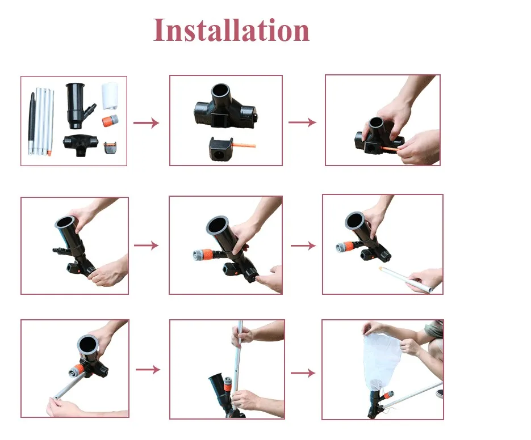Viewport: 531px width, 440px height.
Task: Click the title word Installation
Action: pos(231,30)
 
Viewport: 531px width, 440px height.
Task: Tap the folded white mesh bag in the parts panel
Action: pos(110,96)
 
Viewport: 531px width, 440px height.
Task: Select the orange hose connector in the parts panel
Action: pos(110,120)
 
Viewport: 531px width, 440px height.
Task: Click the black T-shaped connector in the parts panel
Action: pos(81,145)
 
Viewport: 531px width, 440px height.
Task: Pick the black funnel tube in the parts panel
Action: pos(78,105)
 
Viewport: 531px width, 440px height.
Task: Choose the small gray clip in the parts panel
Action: pos(110,147)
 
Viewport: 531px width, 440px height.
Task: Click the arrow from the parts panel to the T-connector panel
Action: pos(146,123)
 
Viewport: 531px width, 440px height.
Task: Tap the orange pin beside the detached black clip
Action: pos(244,145)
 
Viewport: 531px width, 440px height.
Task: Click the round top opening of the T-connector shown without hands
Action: pos(220,91)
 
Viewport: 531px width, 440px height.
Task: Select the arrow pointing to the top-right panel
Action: pos(302,122)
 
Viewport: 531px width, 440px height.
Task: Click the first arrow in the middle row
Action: pos(146,245)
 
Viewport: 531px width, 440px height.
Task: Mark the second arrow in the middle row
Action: pos(303,246)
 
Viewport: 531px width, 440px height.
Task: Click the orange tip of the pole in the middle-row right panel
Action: pos(382,269)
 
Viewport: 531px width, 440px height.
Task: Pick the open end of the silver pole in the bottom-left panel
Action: pos(56,397)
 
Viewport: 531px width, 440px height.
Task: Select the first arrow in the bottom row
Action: pos(148,369)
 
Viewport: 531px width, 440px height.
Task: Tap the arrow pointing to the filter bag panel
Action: pos(303,373)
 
